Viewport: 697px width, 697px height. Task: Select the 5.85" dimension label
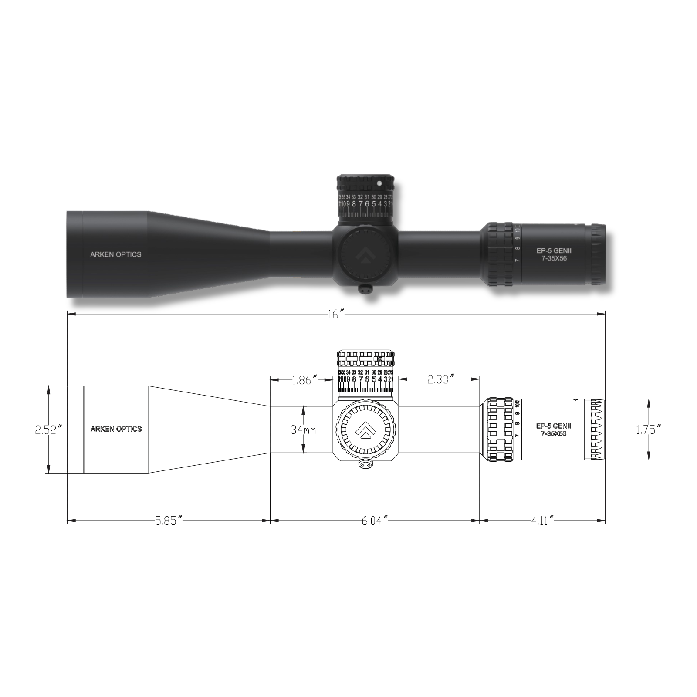[168, 521]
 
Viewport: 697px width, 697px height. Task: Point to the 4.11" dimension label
[542, 521]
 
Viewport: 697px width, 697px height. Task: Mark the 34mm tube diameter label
[303, 430]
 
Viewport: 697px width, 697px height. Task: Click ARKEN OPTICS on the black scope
[115, 254]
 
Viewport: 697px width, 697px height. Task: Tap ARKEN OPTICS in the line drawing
[116, 429]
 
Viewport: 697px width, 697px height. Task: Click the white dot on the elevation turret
[379, 183]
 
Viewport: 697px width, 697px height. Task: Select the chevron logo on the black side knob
[365, 257]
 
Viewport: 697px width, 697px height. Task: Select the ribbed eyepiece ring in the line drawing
[598, 430]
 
